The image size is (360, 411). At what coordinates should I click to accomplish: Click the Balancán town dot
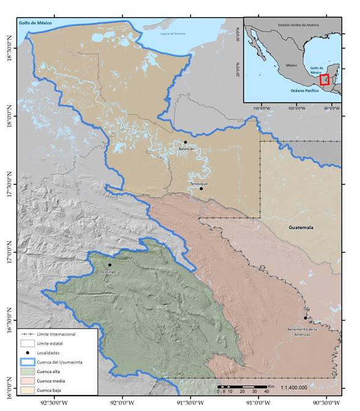pyautogui.click(x=185, y=142)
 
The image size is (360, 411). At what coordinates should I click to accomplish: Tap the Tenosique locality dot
pyautogui.click(x=201, y=188)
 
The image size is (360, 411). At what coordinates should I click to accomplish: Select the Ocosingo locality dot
pyautogui.click(x=110, y=265)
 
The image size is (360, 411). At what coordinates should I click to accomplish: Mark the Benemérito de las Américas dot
pyautogui.click(x=306, y=318)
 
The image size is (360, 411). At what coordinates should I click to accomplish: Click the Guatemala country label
pyautogui.click(x=301, y=227)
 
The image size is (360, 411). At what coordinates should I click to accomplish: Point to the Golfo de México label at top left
pyautogui.click(x=35, y=23)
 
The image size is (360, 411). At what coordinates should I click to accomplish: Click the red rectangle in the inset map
pyautogui.click(x=324, y=79)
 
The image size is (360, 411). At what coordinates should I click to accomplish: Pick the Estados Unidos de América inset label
pyautogui.click(x=298, y=24)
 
